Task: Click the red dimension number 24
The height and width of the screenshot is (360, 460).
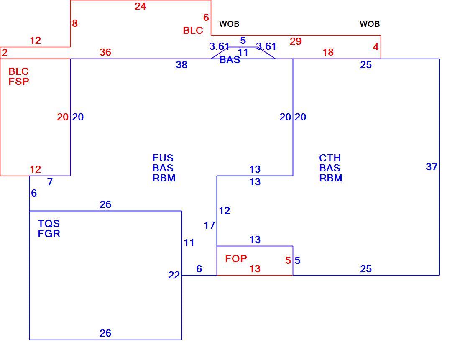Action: [x=140, y=6]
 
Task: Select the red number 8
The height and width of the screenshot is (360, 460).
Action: [x=75, y=23]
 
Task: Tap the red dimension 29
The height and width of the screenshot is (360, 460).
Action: [x=295, y=41]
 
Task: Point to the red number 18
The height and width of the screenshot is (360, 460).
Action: [x=328, y=52]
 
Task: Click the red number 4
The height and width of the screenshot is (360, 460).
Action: [x=376, y=47]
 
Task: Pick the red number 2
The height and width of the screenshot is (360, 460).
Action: [x=5, y=53]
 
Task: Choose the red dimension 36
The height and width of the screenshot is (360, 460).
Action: [x=105, y=52]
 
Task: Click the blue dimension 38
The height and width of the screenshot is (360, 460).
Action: [x=181, y=64]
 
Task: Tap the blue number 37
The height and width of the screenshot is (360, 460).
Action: [x=432, y=167]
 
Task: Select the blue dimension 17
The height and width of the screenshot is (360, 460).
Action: [x=210, y=225]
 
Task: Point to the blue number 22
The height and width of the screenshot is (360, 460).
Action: [x=174, y=275]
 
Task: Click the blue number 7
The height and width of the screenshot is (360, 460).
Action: [x=50, y=182]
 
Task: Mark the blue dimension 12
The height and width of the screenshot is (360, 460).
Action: [x=225, y=211]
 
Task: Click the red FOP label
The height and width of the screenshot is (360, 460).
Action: [x=236, y=258]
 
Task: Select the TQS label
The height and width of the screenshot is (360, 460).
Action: [x=49, y=224]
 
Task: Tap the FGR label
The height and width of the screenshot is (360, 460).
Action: [x=49, y=234]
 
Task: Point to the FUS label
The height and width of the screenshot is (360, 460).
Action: [x=163, y=158]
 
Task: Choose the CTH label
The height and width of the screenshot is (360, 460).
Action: [x=330, y=158]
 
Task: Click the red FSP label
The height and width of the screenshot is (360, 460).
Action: [x=19, y=81]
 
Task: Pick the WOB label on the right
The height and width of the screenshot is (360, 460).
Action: [x=370, y=24]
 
